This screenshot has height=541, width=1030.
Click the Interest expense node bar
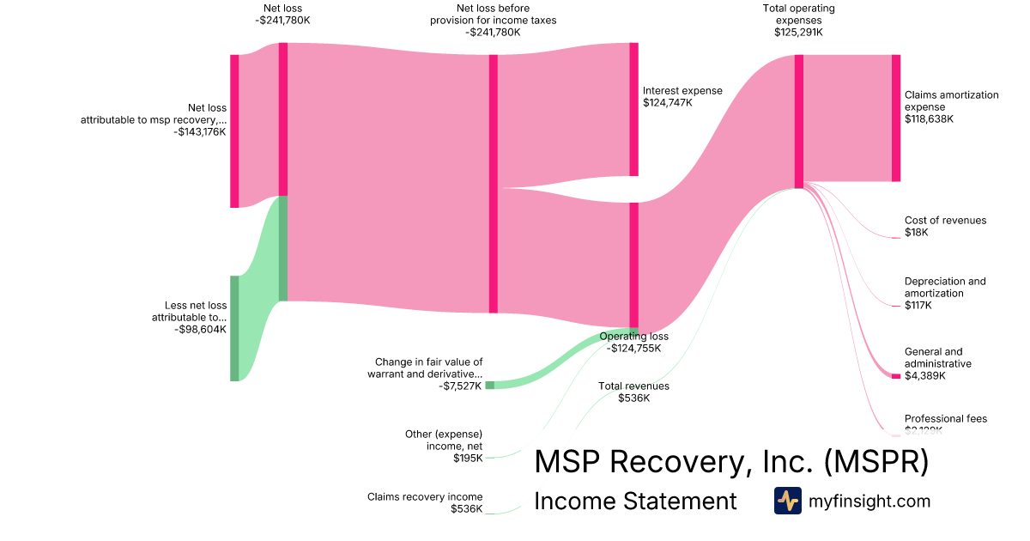click(633, 109)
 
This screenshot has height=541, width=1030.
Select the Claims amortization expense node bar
click(896, 118)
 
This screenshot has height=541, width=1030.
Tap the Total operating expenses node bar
click(799, 121)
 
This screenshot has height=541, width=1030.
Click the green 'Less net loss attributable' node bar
click(234, 328)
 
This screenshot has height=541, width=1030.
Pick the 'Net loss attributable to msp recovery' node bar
click(234, 131)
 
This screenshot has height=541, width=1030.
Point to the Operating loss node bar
click(633, 266)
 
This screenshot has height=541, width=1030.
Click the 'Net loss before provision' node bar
click(494, 184)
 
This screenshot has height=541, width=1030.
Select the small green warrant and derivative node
click(490, 386)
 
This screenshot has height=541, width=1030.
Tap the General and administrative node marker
click(896, 376)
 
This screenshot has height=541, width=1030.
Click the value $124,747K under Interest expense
click(667, 103)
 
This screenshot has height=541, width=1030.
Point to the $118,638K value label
click(929, 119)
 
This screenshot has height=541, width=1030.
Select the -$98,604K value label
click(200, 330)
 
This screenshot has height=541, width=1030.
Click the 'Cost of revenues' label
click(945, 221)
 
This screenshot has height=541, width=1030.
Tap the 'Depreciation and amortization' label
click(945, 287)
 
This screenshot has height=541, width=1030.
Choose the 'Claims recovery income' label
click(425, 496)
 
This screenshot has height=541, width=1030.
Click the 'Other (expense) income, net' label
click(444, 440)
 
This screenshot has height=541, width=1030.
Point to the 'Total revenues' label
click(633, 386)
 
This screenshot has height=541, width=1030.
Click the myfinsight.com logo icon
click(787, 501)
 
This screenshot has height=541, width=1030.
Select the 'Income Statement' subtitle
click(635, 501)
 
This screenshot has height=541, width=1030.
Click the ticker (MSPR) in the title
click(875, 462)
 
